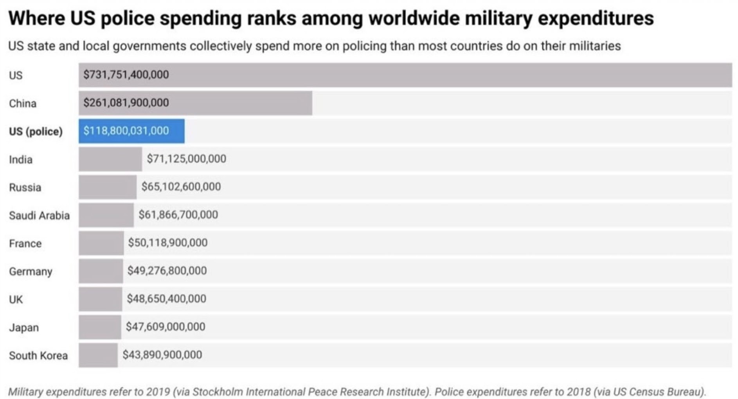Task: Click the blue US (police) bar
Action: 131,131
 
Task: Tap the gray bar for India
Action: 110,159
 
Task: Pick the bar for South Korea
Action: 98,355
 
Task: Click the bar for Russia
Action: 108,187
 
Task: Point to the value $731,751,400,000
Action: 126,75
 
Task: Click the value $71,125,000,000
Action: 186,159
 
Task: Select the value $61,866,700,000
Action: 178,215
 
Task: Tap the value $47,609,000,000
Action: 165,327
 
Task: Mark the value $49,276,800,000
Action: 167,271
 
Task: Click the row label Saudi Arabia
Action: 39,216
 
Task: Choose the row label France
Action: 25,243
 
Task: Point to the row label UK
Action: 16,300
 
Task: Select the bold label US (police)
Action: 36,131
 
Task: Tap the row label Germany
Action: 31,271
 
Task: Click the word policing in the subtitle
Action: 364,46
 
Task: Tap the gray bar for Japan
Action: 100,327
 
